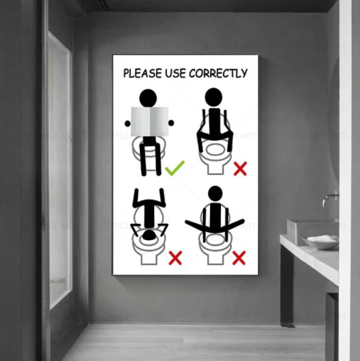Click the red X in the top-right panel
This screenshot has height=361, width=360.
pyautogui.click(x=240, y=168)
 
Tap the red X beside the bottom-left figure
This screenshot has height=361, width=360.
pyautogui.click(x=175, y=257)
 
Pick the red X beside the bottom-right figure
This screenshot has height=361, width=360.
pyautogui.click(x=238, y=257)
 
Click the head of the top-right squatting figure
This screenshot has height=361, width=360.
pyautogui.click(x=214, y=97)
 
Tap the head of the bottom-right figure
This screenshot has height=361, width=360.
pyautogui.click(x=215, y=194)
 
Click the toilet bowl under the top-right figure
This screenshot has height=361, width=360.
pyautogui.click(x=214, y=162)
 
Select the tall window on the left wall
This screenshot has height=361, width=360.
pyautogui.click(x=59, y=169)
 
